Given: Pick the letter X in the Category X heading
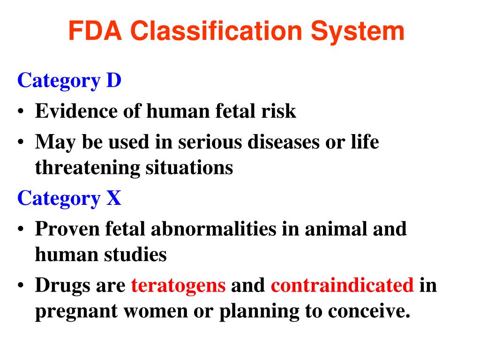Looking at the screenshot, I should pyautogui.click(x=114, y=198).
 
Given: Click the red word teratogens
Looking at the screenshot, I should pyautogui.click(x=179, y=285).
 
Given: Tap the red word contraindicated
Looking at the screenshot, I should pyautogui.click(x=342, y=285).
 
